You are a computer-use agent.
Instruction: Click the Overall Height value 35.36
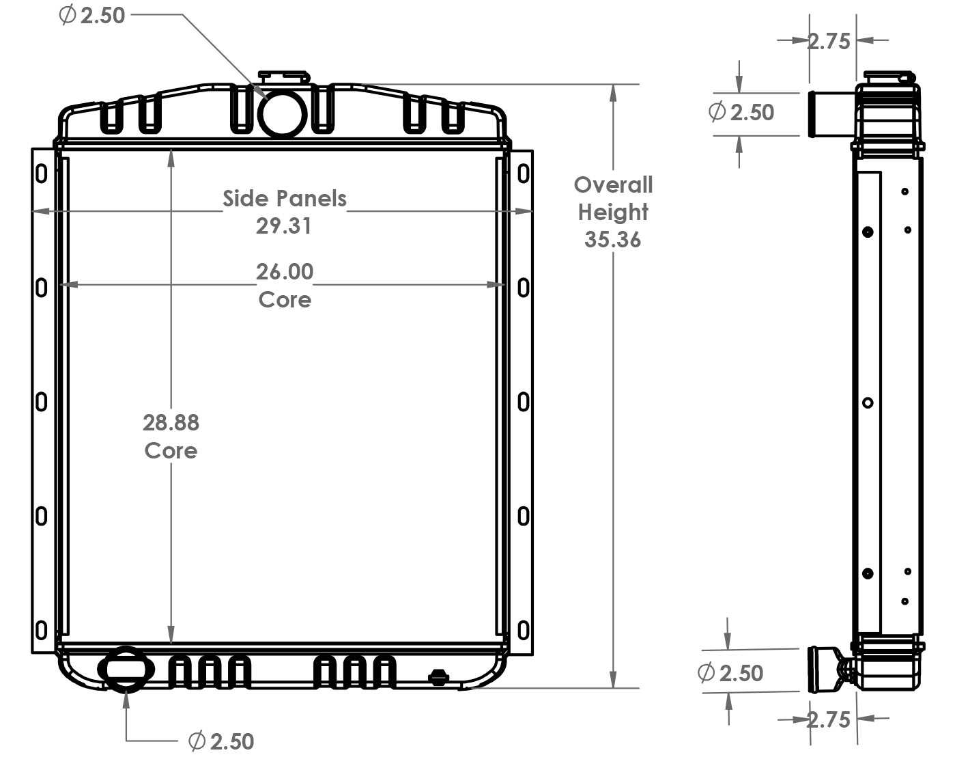coord(612,240)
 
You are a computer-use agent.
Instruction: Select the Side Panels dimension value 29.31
coord(283,225)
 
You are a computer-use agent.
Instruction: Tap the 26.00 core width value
coord(285,272)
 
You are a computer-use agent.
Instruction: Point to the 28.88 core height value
coord(171,423)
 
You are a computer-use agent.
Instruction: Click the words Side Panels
coord(285,199)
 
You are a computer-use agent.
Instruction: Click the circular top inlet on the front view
coord(283,113)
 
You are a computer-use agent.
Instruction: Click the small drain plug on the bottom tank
coord(438,677)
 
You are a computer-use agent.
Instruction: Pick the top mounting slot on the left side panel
coord(42,174)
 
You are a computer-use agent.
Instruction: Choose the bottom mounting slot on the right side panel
coord(523,629)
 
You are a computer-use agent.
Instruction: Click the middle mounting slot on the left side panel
coord(42,402)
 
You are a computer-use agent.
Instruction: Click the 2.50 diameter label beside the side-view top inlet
coord(741,112)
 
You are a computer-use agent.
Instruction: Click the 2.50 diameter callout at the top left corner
coord(93,15)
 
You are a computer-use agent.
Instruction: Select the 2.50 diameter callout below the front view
coord(221,741)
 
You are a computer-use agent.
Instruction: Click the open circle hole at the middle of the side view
coord(868,402)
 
